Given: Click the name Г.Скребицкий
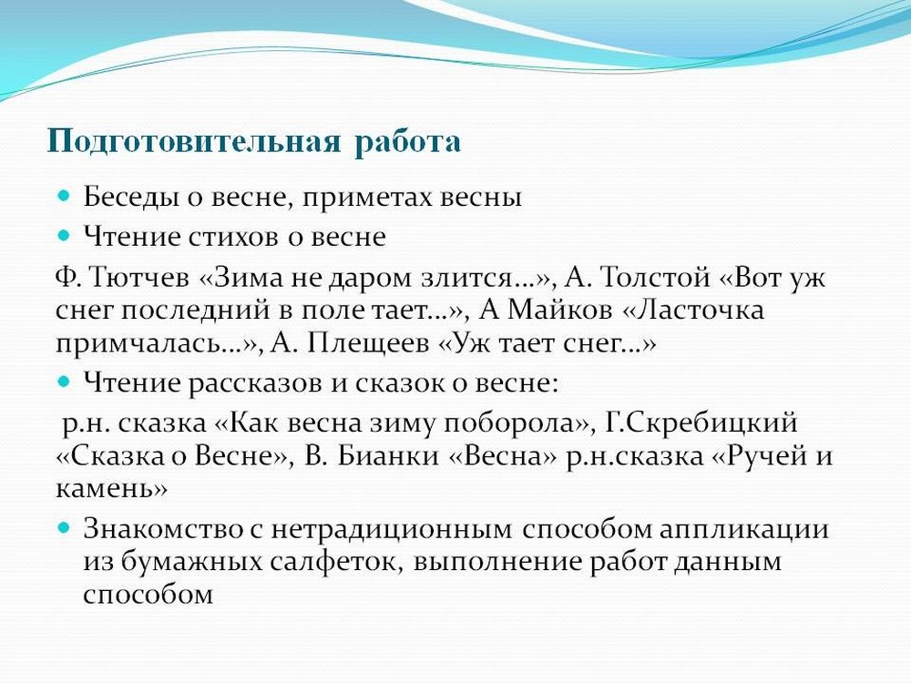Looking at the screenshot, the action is click(701, 423).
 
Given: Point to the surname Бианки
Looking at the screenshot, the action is click(388, 455).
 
